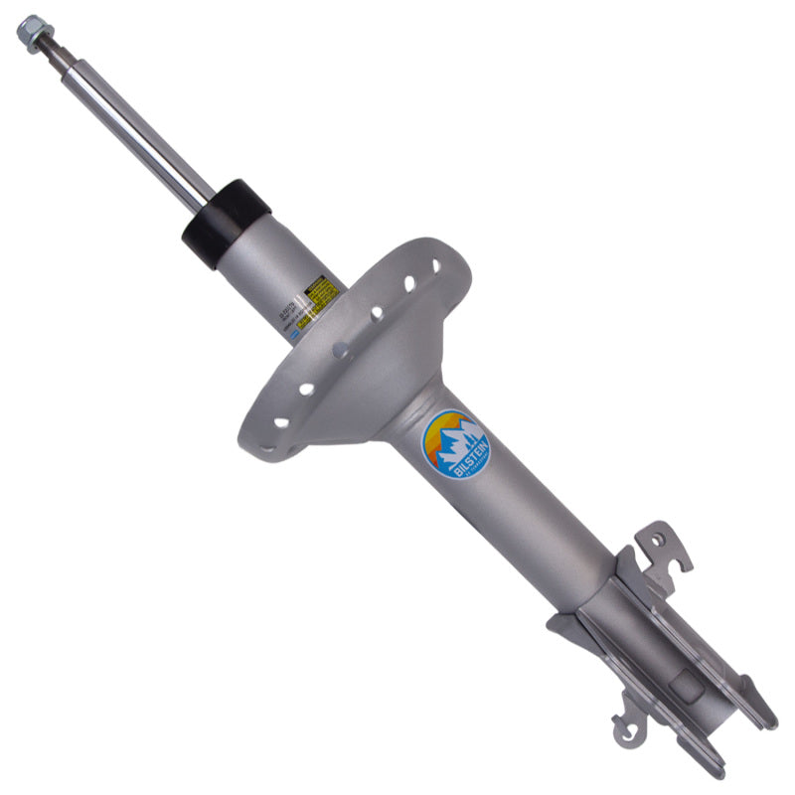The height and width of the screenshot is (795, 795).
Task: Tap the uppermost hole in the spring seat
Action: (x=435, y=266)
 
